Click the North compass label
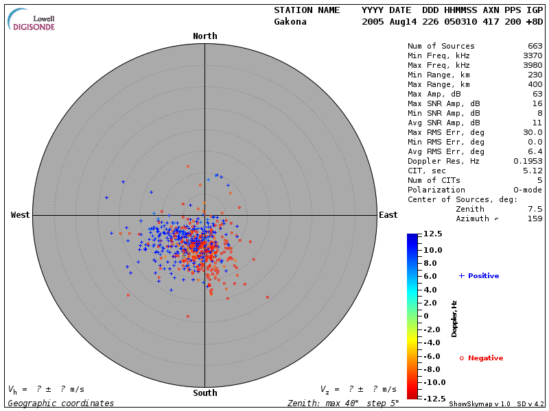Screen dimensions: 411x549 205,36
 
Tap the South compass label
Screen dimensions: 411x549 205,393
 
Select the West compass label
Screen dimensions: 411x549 20,215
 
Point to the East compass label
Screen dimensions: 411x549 388,215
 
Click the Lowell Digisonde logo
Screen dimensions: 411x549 32,20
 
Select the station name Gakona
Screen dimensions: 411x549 290,21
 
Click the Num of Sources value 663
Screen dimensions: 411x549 535,47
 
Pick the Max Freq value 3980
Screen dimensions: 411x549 532,66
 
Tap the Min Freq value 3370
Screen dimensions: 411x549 532,56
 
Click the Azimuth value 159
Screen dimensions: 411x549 535,219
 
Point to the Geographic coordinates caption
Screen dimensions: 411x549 61,403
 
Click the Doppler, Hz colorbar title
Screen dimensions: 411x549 454,318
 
